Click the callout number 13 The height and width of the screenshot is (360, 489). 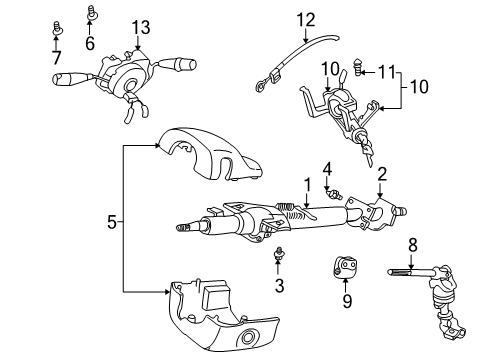142,26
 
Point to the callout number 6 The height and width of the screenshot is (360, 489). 90,44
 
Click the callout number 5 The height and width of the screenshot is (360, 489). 111,220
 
